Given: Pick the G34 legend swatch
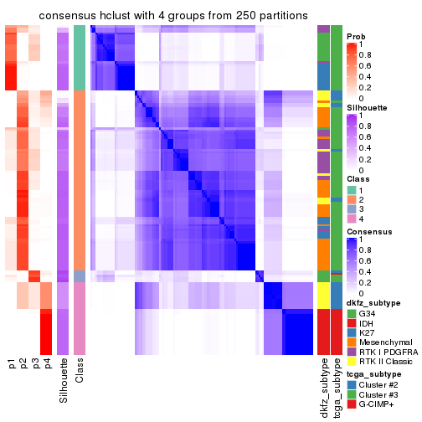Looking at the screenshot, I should [x=353, y=313].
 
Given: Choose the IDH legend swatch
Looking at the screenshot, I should [x=353, y=324].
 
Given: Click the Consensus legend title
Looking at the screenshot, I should [x=368, y=233].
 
